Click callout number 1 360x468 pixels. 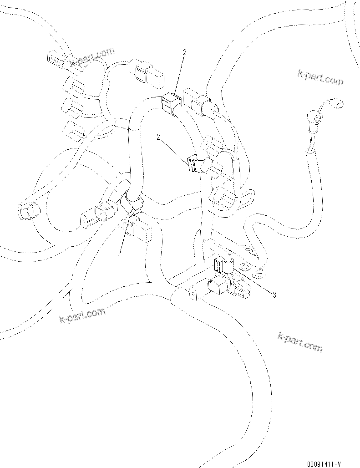point(119,257)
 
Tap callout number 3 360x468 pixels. point(274,295)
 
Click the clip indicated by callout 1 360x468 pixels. point(131,203)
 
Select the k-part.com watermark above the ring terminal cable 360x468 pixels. point(320,76)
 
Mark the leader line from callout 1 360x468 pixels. point(124,234)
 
